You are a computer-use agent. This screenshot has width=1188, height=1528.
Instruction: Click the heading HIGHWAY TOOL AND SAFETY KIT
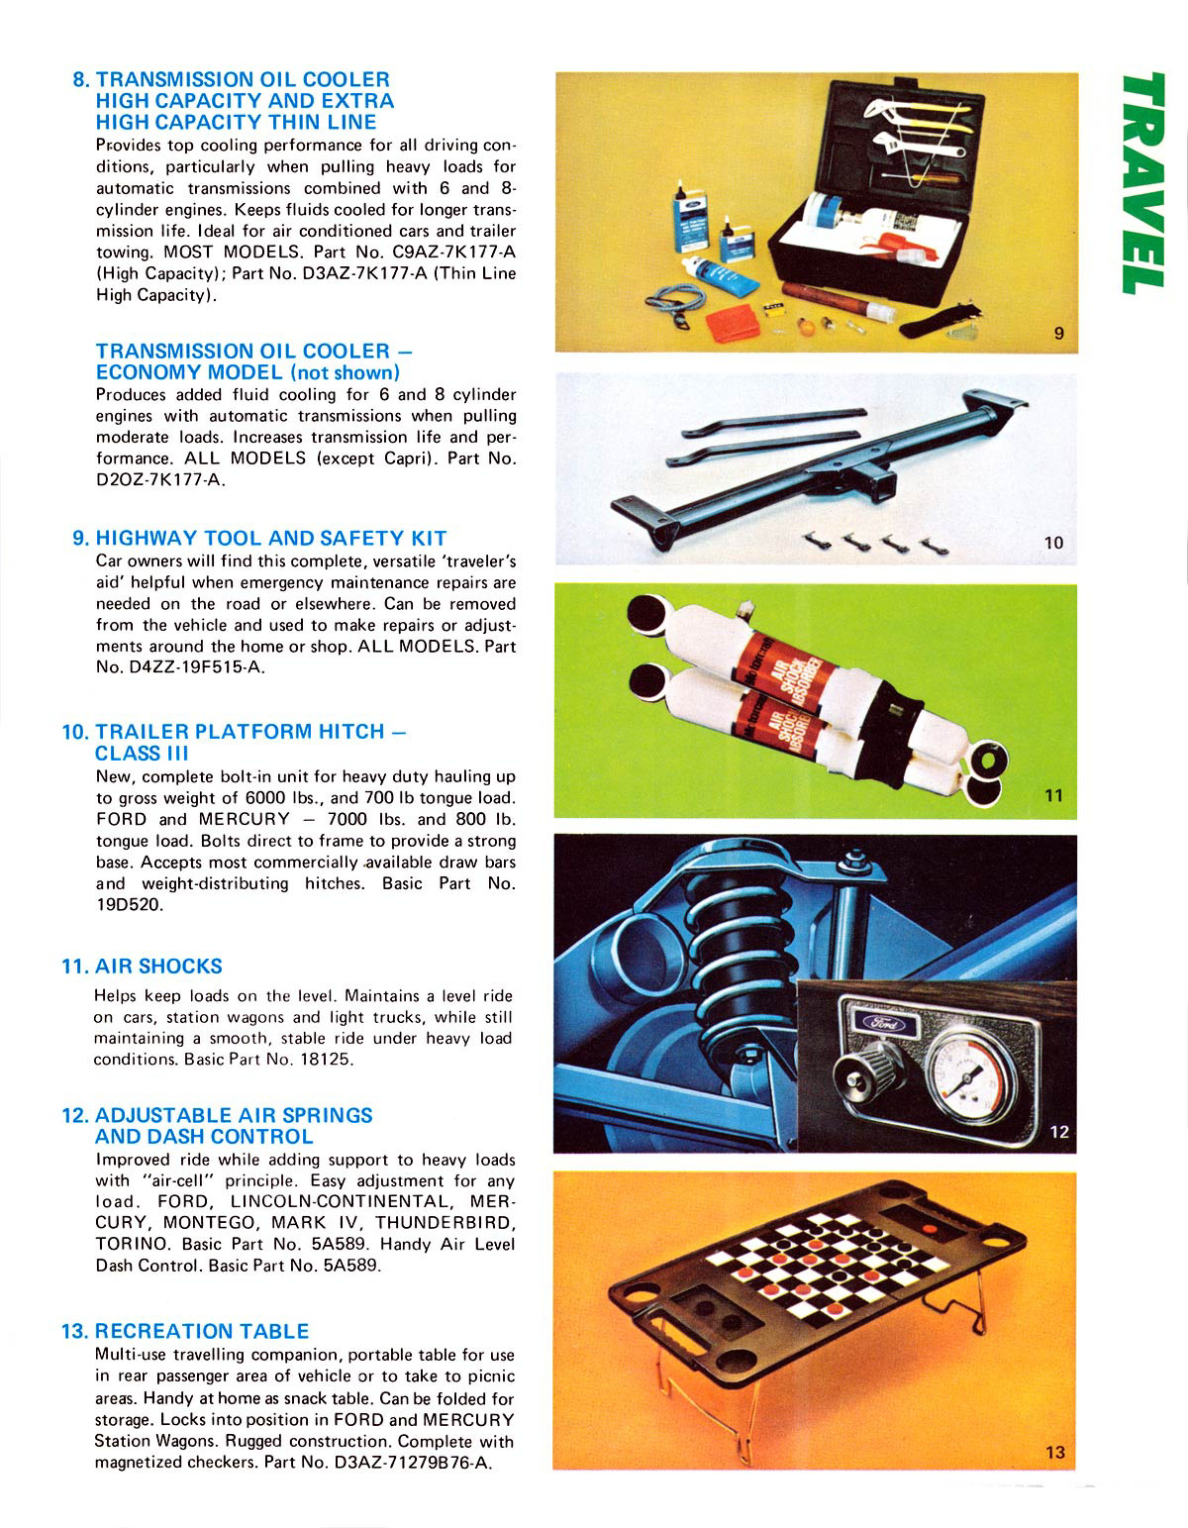pos(271,538)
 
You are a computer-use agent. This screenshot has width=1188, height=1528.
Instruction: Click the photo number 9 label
pos(1057,333)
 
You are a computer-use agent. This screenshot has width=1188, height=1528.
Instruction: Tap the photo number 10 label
pos(1053,543)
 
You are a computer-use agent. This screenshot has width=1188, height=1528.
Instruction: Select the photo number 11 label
pos(1053,794)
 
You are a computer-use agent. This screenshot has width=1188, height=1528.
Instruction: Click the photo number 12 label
pos(1059,1132)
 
